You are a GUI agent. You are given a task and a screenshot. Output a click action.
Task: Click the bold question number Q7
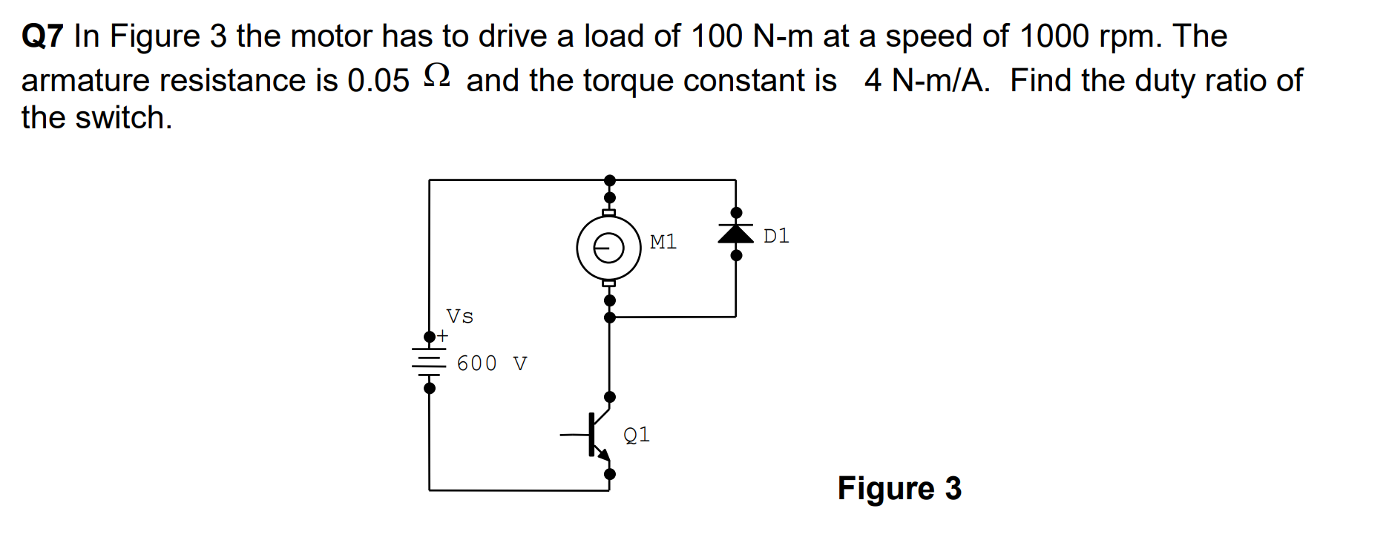pos(43,36)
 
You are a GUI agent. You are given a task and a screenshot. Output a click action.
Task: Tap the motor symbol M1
pos(608,248)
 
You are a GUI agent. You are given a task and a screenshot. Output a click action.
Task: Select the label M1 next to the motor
pos(663,242)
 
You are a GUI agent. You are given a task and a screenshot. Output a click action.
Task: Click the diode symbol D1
pos(735,234)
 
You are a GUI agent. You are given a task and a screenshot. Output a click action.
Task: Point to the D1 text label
pos(776,236)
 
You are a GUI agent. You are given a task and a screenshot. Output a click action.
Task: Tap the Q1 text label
pos(637,434)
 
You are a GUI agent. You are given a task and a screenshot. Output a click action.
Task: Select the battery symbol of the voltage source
pos(429,361)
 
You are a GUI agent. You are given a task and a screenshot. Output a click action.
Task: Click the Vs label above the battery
pos(459,317)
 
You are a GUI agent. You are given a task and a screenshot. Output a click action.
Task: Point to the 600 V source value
pos(491,363)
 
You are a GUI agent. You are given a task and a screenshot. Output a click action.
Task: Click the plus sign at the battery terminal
pos(442,336)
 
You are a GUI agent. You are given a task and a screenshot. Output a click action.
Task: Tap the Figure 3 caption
pos(899,488)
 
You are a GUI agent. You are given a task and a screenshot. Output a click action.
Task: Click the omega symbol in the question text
pos(437,76)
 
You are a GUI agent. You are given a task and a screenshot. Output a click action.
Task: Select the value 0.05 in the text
pos(378,81)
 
